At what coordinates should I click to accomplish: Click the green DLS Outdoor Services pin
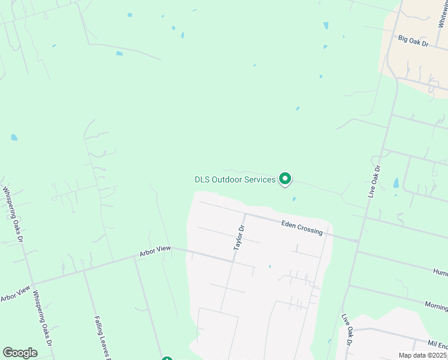point(286,179)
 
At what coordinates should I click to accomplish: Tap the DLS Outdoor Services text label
point(235,179)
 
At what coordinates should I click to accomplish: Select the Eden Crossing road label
point(302,227)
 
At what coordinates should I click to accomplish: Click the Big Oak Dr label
point(414,41)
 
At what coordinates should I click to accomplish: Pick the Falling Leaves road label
point(100,337)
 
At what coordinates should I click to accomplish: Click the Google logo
point(20,353)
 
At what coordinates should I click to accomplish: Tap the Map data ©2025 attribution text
point(423,355)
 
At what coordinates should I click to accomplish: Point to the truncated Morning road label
point(436,305)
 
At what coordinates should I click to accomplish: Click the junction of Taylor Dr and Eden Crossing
point(245,213)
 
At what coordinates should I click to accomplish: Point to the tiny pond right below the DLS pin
point(293,199)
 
